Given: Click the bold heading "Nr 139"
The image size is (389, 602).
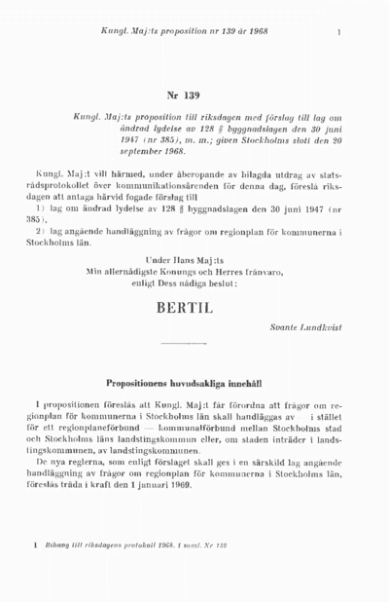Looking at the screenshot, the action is [x=183, y=95].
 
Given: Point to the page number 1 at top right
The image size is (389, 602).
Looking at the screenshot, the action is [x=338, y=32].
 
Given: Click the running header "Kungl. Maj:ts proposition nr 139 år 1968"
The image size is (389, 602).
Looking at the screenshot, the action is [x=184, y=32].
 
